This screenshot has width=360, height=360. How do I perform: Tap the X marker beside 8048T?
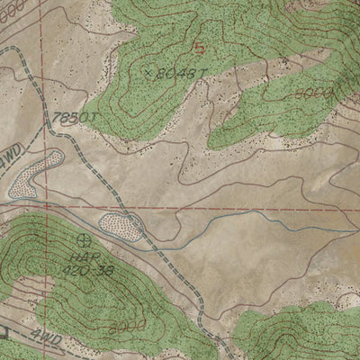pos(148,69)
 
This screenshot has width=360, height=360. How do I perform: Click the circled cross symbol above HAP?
pos(85,239)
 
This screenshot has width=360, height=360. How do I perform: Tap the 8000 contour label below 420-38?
pos(123,327)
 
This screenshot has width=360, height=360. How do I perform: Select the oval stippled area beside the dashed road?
pos(121,227)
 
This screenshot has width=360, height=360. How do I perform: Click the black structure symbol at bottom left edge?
pos(4,332)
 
